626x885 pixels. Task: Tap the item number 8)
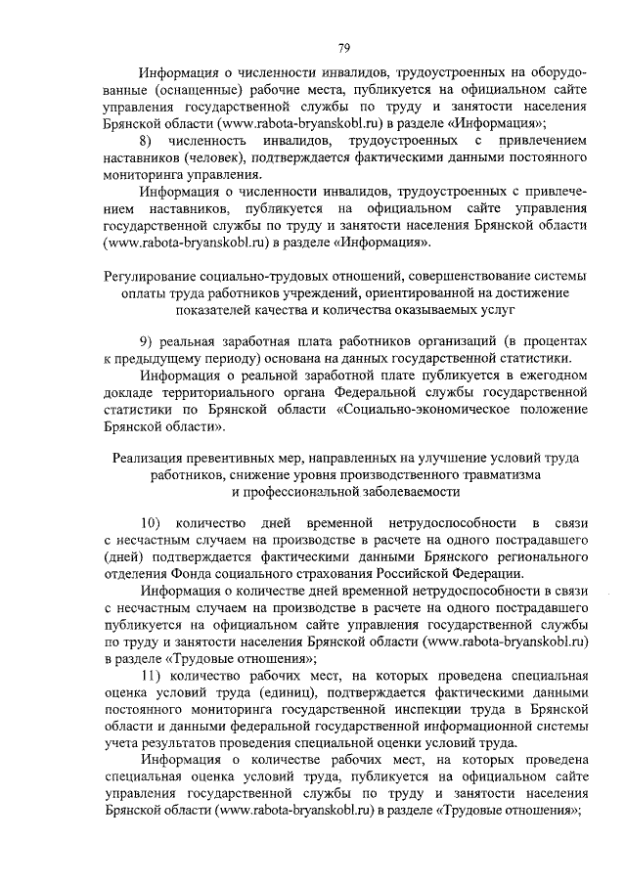pyautogui.click(x=149, y=143)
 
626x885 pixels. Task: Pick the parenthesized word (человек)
pyautogui.click(x=213, y=159)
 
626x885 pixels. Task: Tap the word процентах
pyautogui.click(x=555, y=339)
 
